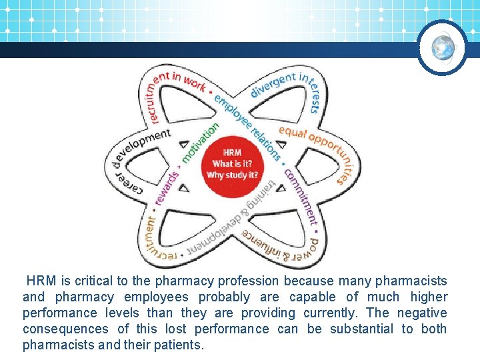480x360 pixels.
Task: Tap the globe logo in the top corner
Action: tap(443, 47)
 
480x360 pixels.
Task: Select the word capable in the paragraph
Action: tap(312, 297)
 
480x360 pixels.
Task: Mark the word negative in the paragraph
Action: tap(423, 313)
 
